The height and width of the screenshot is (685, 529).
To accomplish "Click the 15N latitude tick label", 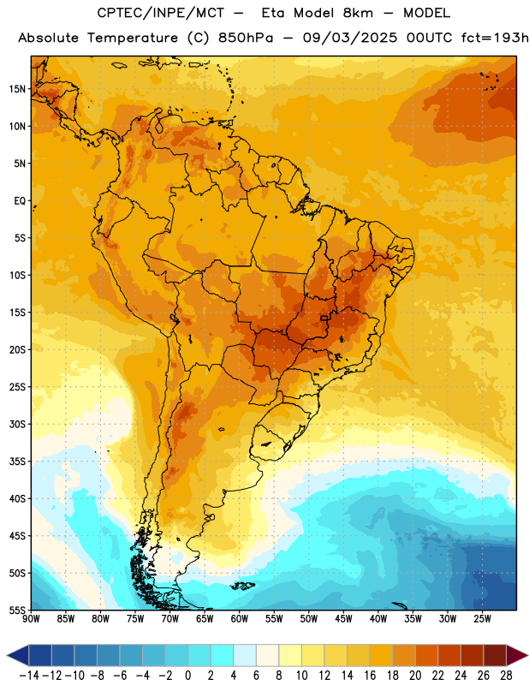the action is click(17, 89).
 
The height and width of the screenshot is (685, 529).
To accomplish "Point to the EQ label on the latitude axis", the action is click(20, 201).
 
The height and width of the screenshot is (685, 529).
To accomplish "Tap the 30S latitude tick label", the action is click(17, 424).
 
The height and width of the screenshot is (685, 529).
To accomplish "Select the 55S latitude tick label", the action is click(17, 610).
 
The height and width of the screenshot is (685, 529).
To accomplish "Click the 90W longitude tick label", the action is click(31, 619).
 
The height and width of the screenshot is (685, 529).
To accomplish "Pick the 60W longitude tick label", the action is click(240, 619).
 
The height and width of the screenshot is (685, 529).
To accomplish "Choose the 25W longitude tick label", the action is click(482, 619).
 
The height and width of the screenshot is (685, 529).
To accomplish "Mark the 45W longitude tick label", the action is click(343, 619).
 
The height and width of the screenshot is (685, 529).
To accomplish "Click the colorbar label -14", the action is click(30, 676).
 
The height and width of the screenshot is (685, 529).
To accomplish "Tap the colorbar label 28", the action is click(506, 676).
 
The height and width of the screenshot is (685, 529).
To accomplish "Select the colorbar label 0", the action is click(188, 676).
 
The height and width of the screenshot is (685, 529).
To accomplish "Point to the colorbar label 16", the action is click(370, 676).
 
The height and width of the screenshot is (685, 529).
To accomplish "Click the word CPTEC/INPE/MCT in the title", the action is click(160, 13).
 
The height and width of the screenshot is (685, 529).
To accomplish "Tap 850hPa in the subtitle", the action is click(246, 38).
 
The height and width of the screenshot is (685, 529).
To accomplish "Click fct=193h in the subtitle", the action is click(495, 38).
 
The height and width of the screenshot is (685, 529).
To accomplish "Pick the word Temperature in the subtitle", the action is click(133, 39).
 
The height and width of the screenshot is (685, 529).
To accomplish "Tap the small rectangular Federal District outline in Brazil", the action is click(324, 318).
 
